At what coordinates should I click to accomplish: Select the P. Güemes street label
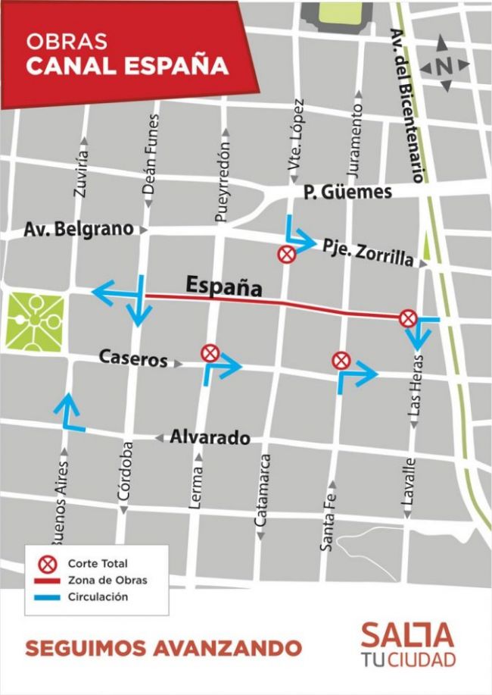347,193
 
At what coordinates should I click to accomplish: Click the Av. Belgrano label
78,228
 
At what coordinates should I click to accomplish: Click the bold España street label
224,286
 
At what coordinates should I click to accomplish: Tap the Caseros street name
132,360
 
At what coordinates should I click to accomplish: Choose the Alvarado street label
210,437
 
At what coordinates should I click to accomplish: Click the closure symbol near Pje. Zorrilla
286,255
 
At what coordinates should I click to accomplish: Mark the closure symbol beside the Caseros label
210,352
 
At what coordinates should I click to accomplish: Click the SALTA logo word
407,635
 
